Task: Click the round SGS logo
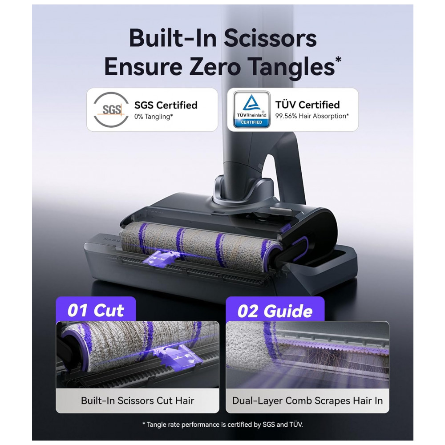click(x=111, y=109)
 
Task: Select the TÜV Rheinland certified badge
click(x=251, y=109)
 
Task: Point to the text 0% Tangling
click(x=154, y=116)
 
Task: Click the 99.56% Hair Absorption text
click(x=312, y=116)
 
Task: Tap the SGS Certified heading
click(x=166, y=105)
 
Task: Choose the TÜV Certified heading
click(x=307, y=105)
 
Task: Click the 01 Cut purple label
click(x=96, y=310)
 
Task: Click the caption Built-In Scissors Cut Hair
click(x=138, y=400)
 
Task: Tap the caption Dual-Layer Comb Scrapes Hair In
click(x=307, y=401)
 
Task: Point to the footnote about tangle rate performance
click(x=222, y=425)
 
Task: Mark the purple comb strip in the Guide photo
click(x=332, y=344)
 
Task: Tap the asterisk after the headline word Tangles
click(x=338, y=60)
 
